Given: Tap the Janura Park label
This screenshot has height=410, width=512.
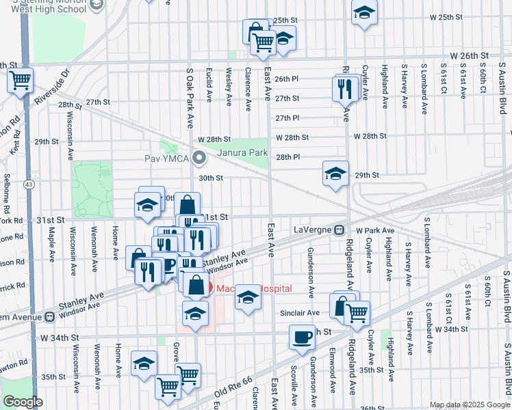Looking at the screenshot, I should (x=242, y=152).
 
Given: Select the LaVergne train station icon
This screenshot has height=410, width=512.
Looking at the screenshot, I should (x=339, y=230).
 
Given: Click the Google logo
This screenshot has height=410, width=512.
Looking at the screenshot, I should (x=23, y=402).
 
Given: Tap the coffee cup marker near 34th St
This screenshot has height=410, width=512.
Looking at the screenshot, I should (x=302, y=337).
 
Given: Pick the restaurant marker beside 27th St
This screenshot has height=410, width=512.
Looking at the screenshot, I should (x=345, y=88).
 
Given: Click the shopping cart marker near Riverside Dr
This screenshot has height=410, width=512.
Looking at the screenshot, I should (x=20, y=80).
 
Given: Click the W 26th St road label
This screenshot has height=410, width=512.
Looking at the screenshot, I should (x=470, y=55).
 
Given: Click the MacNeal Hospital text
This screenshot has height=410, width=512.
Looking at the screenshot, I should (x=253, y=289).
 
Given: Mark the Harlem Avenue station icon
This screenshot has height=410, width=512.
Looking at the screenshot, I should (x=49, y=317).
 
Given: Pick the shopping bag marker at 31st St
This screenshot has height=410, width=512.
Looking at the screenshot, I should (x=187, y=204).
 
